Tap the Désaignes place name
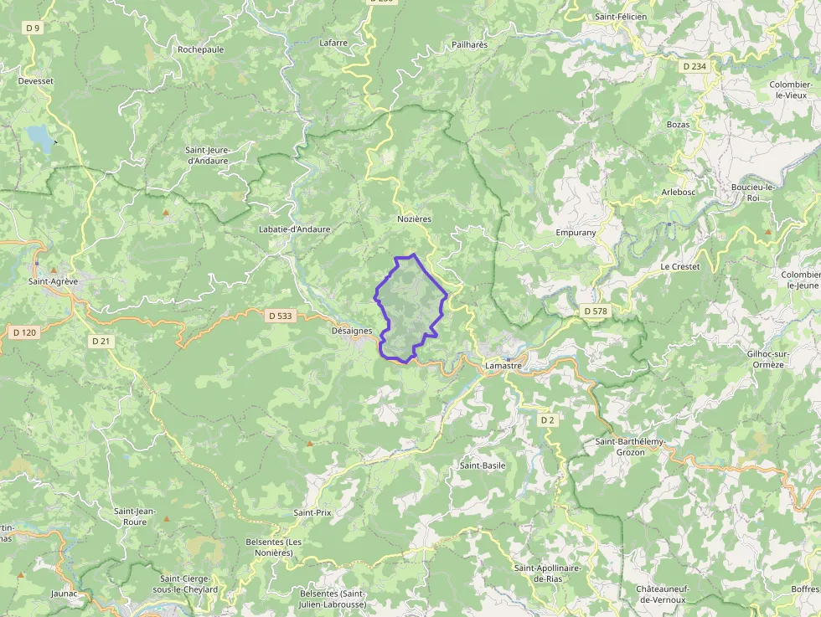pos(352,331)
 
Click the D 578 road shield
pos(595,311)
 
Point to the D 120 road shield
pos(25,332)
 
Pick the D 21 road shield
pos(101,341)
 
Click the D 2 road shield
pos(547,419)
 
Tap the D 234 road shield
pos(694,66)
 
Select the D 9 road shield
pos(34,28)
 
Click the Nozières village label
pos(414,219)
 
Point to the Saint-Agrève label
pos(53,281)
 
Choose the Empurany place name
pos(576,233)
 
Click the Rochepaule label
pos(201,49)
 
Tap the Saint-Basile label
pos(483,465)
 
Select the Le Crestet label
pos(679,266)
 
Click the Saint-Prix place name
pos(312,512)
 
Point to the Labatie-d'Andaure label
pos(295,229)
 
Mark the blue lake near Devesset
pos(38,136)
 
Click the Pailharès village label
pos(469,44)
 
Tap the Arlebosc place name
pos(679,191)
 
